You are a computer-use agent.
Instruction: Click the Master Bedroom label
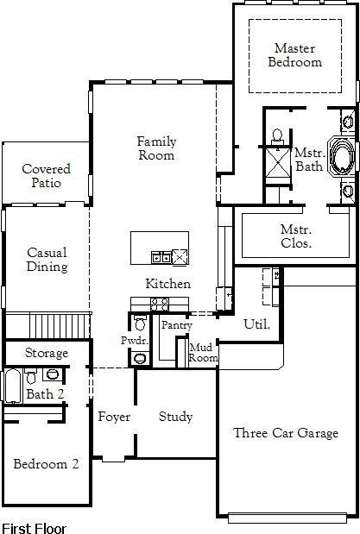pos(295,55)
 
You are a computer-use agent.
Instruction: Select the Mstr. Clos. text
pos(296,236)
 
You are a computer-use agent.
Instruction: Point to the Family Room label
pos(156,148)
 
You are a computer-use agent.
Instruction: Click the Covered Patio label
pos(46,176)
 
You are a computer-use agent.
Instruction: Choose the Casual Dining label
pos(47,260)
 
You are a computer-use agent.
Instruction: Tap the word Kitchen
pos(167,284)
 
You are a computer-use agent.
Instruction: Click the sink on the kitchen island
pos(161,256)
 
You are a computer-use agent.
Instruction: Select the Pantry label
pos(176,325)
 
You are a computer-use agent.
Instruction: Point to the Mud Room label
pos(204,352)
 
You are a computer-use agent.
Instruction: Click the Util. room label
pos(257,324)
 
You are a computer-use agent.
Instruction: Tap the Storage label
pos(46,354)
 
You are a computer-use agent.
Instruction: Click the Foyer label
pos(113,418)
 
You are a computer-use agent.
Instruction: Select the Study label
pos(175,417)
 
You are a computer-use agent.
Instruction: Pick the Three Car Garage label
pos(286,433)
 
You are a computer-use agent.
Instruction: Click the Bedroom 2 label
pos(46,464)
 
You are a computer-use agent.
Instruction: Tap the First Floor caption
pos(34,526)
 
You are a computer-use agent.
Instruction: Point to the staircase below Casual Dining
pos(60,326)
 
